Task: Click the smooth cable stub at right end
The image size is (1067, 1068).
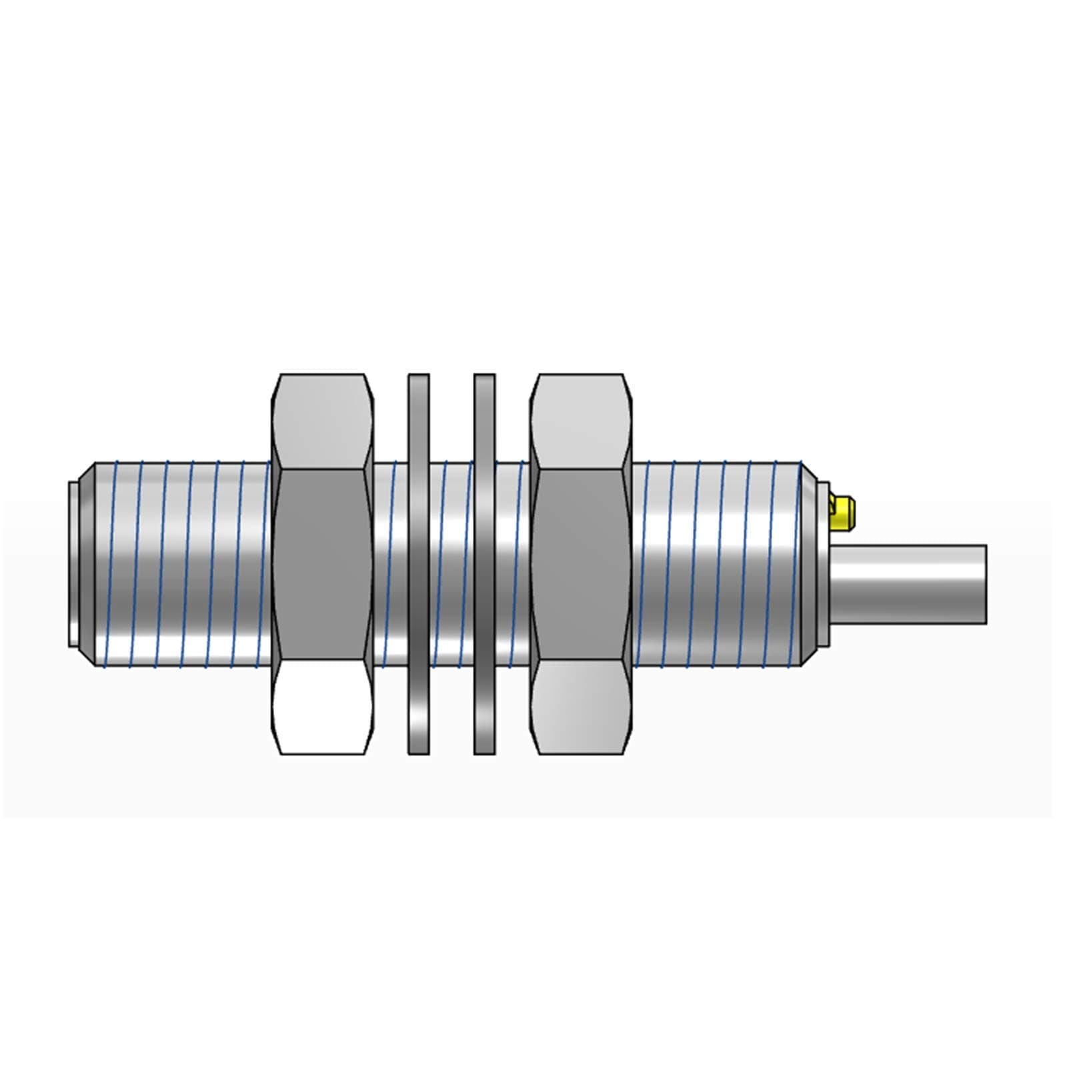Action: [x=907, y=584]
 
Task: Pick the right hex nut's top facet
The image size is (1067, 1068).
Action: [x=581, y=421]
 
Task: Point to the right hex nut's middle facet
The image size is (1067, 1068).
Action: [x=581, y=564]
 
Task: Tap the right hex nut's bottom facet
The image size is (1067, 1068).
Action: [x=581, y=707]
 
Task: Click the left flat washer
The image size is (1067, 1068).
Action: [x=418, y=564]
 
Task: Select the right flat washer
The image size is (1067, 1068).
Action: [x=484, y=564]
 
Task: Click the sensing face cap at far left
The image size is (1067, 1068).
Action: [x=73, y=564]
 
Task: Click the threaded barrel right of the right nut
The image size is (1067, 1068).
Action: [x=717, y=564]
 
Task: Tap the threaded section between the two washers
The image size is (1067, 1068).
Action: [x=451, y=564]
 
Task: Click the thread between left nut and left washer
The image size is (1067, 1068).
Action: [x=389, y=564]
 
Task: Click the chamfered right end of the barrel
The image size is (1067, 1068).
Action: [x=810, y=564]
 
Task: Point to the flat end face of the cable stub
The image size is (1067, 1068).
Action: [x=984, y=584]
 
